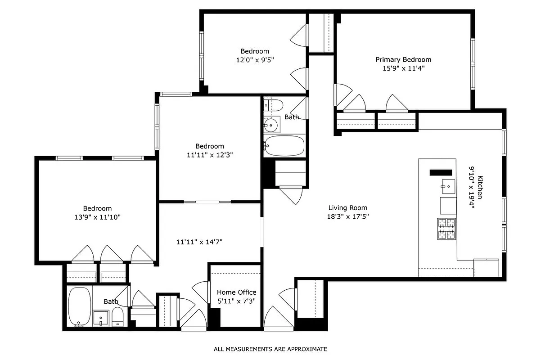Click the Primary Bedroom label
403,59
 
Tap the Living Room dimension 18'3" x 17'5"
347,216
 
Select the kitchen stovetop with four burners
446,229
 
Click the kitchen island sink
447,185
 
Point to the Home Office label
236,292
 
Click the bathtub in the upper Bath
284,145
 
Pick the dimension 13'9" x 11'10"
97,217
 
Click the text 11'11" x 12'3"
209,155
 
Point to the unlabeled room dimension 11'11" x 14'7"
199,242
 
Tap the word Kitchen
480,187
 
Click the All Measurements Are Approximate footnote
270,349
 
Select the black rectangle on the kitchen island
441,172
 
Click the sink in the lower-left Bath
100,318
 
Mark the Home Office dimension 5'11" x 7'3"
236,301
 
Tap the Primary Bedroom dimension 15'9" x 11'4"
403,68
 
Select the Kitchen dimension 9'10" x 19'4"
472,187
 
